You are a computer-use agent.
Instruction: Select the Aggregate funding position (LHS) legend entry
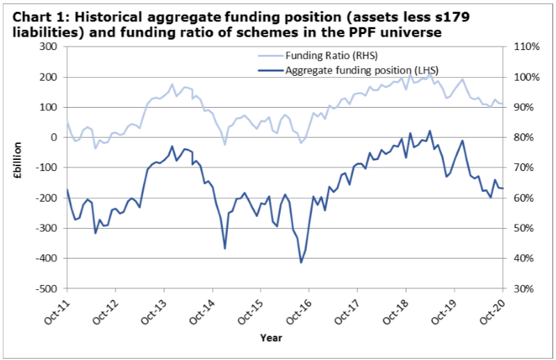click(361, 70)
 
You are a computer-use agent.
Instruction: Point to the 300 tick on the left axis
click(49, 47)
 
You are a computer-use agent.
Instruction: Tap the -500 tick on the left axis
click(47, 288)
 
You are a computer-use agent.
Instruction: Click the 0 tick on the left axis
click(54, 138)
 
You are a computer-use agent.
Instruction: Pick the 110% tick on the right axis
click(523, 47)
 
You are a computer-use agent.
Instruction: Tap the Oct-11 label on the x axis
click(56, 306)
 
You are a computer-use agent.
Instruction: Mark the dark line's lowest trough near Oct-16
click(301, 262)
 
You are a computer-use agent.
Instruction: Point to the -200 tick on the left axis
click(47, 198)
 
